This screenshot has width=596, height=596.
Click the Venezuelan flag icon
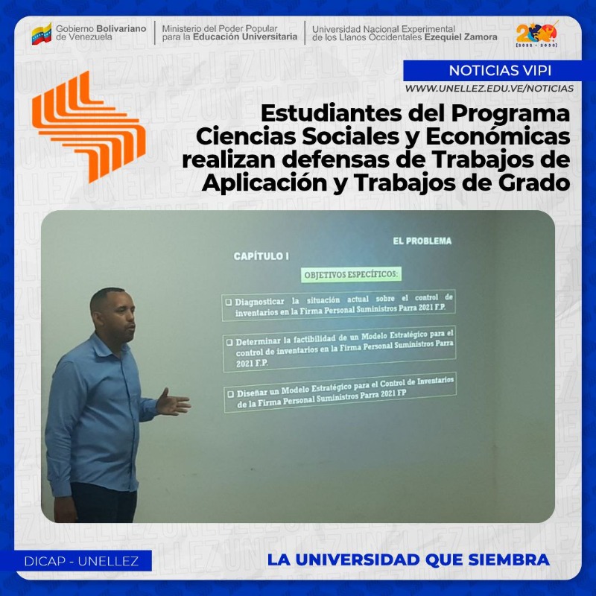click(42, 34)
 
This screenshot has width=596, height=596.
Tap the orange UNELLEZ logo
click(89, 127)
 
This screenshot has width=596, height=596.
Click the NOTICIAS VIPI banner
click(499, 71)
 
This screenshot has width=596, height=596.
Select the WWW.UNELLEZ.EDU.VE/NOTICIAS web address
click(489, 89)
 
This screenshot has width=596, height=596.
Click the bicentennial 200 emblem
click(536, 34)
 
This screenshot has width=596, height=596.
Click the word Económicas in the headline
click(498, 136)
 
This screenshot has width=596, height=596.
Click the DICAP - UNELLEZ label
click(81, 561)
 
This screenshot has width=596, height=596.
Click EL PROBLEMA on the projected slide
click(422, 241)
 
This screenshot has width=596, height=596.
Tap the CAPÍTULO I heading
click(261, 256)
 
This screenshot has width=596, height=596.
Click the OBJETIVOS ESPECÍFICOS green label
click(351, 274)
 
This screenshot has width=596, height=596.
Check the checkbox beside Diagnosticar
click(229, 302)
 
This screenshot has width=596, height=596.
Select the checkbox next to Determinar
click(229, 342)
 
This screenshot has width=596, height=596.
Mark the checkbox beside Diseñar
click(230, 394)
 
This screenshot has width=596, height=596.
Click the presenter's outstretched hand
click(173, 402)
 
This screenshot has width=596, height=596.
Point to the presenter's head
click(112, 314)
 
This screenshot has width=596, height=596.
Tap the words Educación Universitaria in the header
click(245, 37)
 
